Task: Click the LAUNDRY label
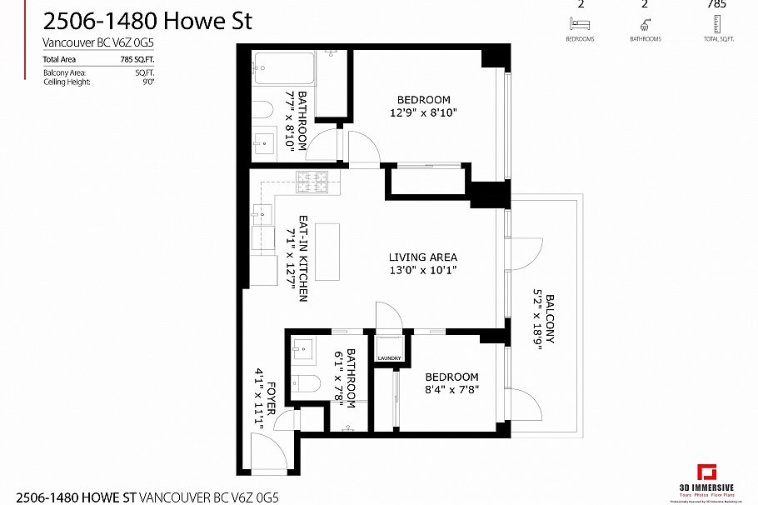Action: (389, 359)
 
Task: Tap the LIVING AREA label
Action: (423, 257)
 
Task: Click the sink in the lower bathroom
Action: (302, 350)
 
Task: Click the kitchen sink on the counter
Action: (262, 214)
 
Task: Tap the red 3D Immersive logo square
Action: (707, 473)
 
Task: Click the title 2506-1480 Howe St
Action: (147, 21)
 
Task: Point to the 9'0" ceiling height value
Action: (148, 82)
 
